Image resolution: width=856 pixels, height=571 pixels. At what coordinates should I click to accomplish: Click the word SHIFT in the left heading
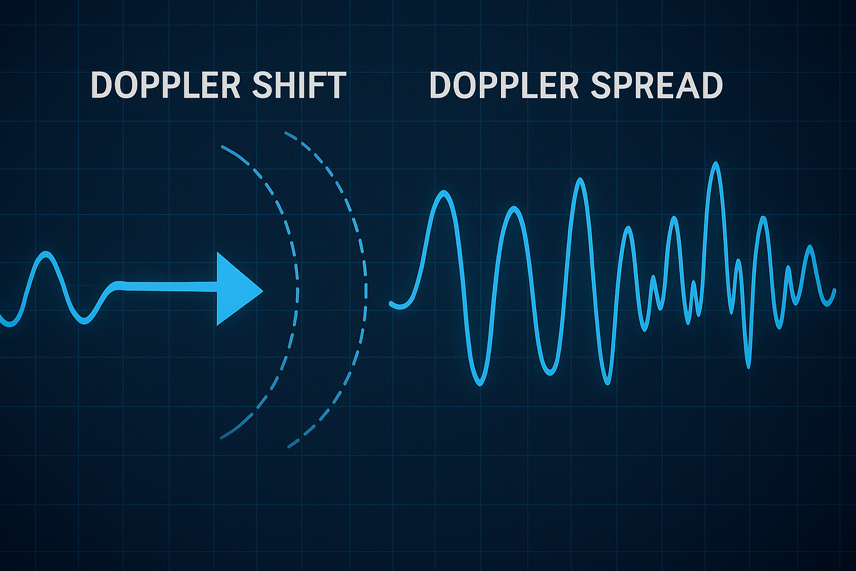pos(299,85)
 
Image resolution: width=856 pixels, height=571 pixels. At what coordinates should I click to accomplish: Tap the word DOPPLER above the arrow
pos(166,85)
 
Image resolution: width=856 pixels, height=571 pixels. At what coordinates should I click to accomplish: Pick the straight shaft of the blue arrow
pos(167,287)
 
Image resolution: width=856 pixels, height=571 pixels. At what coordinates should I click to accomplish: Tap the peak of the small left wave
pos(46,254)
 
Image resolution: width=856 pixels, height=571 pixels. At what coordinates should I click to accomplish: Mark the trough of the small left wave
pos(84,321)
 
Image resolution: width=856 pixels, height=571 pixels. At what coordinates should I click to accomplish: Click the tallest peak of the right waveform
pos(716,164)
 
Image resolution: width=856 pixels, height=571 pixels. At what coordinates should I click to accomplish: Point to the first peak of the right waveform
pos(444,193)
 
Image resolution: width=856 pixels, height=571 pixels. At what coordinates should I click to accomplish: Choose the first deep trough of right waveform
pos(480,384)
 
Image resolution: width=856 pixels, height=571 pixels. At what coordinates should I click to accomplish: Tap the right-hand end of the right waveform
pos(834,291)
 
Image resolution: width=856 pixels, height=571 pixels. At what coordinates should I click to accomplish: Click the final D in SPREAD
pos(711,85)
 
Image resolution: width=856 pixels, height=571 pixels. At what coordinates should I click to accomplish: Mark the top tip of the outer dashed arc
pos(286,133)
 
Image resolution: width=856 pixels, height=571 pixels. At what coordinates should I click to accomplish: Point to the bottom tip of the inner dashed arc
pos(222,438)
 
